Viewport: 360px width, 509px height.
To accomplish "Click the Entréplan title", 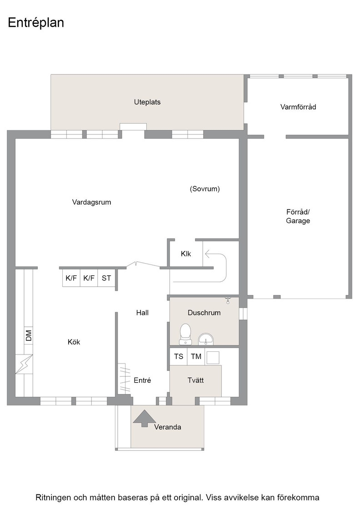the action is click(36, 23).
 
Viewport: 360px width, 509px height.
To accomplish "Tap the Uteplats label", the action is click(147, 102).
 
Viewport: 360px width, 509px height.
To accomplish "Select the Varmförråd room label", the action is click(298, 107).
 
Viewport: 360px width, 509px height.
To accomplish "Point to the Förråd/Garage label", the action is click(298, 216).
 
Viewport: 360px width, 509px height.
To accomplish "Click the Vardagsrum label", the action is click(91, 202).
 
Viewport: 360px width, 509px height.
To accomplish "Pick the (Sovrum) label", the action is click(205, 189).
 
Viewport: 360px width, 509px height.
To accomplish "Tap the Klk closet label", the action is click(186, 254).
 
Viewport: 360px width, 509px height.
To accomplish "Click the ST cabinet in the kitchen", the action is click(106, 278).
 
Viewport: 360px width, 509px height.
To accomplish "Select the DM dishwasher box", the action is click(29, 335).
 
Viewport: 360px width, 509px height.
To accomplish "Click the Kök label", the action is click(74, 342).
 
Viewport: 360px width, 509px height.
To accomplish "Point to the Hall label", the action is click(143, 313).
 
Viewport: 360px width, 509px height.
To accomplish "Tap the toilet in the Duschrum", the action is click(185, 334).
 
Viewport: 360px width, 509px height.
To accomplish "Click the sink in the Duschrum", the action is click(206, 339).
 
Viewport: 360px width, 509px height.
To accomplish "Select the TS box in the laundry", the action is click(179, 356).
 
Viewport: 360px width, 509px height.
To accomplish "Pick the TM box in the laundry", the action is click(196, 356).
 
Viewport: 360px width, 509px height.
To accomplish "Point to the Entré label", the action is click(142, 380).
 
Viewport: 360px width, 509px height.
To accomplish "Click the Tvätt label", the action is click(195, 380).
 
